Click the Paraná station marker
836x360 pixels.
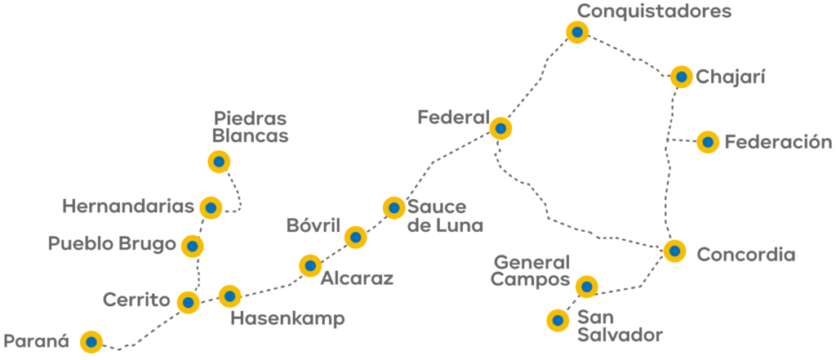pyautogui.click(x=91, y=341)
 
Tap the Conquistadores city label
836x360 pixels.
pyautogui.click(x=655, y=11)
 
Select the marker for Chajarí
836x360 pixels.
pyautogui.click(x=682, y=77)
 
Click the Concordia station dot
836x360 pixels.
pyautogui.click(x=674, y=250)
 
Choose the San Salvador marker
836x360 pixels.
pyautogui.click(x=558, y=320)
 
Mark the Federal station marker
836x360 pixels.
pyautogui.click(x=500, y=128)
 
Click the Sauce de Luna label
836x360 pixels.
pyautogui.click(x=445, y=216)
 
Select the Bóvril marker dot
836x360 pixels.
pyautogui.click(x=355, y=237)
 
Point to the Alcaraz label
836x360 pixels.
pyautogui.click(x=357, y=278)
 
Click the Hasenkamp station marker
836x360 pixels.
pyautogui.click(x=229, y=296)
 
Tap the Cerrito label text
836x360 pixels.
pyautogui.click(x=136, y=300)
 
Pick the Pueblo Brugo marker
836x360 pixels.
pyautogui.click(x=193, y=246)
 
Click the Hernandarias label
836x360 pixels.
pyautogui.click(x=128, y=207)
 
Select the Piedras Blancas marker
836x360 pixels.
pyautogui.click(x=219, y=161)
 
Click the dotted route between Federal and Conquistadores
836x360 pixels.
pyautogui.click(x=540, y=80)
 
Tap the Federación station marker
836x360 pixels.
pyautogui.click(x=708, y=142)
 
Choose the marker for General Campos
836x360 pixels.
pyautogui.click(x=587, y=287)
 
